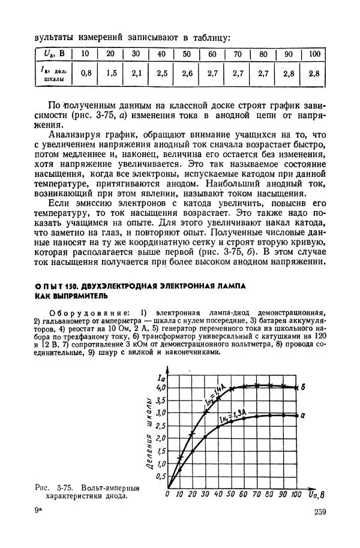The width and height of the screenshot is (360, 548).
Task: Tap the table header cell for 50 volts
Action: pos(187,54)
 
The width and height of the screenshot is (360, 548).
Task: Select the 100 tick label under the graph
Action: pos(295,495)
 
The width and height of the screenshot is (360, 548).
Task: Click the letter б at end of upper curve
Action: pos(304,387)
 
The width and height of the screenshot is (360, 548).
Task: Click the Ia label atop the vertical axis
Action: pos(160,377)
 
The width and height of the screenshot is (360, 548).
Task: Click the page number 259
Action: pos(319,511)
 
